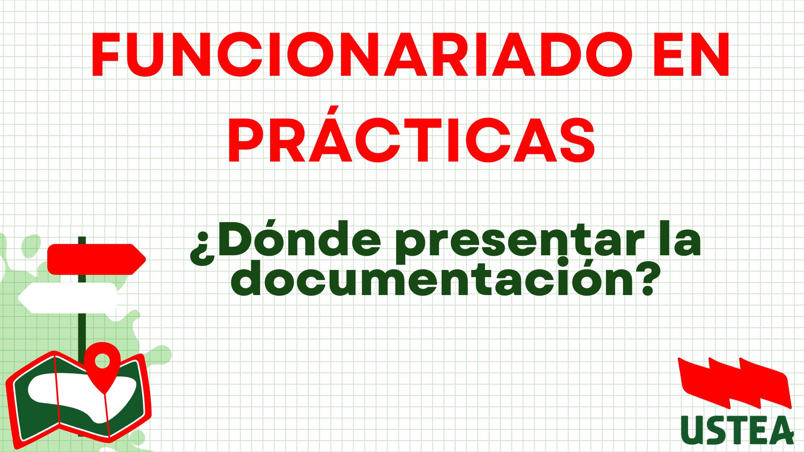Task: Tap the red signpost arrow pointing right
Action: (97, 259)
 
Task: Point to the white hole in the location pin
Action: (102, 360)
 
